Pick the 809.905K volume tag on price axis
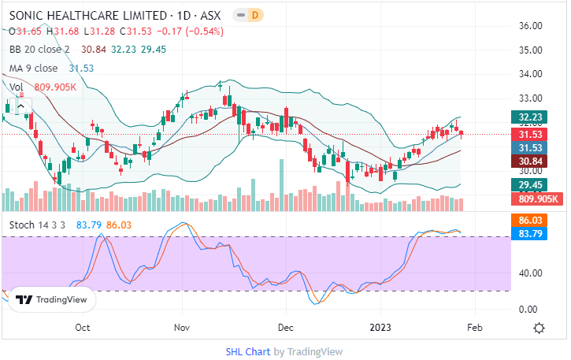(x=539, y=199)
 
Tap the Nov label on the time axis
(x=182, y=328)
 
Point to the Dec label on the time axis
(x=285, y=328)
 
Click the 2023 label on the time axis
(x=380, y=328)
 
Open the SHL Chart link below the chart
(x=247, y=351)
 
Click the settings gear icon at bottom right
(x=539, y=328)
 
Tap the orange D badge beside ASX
(x=255, y=16)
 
